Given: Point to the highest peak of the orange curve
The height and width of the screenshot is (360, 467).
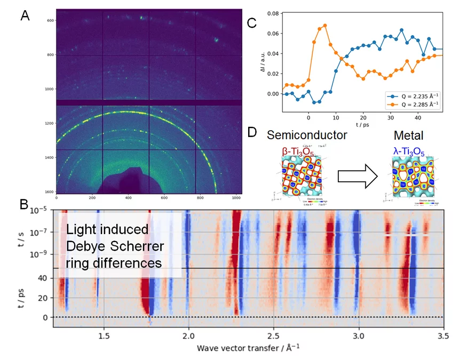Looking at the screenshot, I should (x=324, y=25).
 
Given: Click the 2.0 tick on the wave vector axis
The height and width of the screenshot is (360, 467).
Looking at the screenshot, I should (x=188, y=337).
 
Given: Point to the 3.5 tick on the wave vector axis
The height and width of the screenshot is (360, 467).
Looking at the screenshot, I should (x=442, y=337).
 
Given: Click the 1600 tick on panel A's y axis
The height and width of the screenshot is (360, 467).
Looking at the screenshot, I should (x=50, y=191).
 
